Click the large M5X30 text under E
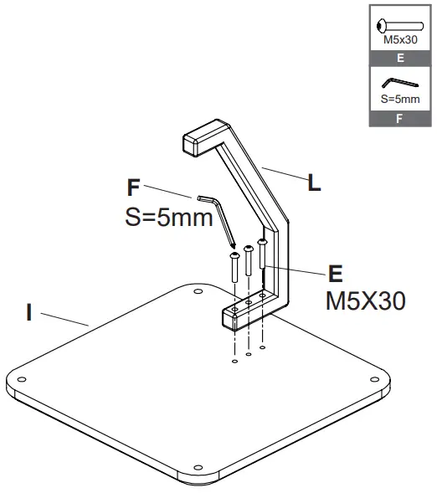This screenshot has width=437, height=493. tap(365, 300)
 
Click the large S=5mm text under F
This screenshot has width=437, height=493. tap(165, 217)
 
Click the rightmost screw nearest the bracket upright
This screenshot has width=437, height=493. tap(262, 254)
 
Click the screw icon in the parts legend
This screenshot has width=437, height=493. tap(398, 26)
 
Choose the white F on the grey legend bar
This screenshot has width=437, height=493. tap(398, 119)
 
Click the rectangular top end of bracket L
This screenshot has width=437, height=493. tap(198, 139)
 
